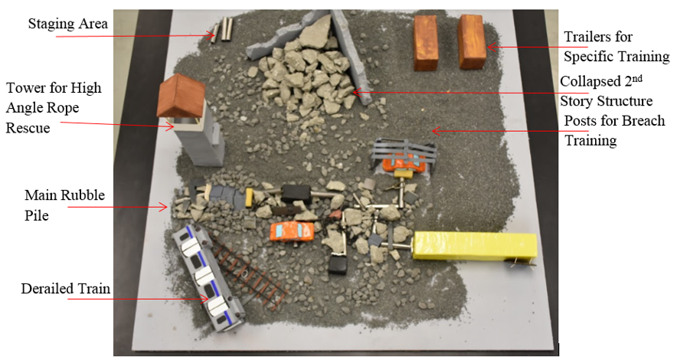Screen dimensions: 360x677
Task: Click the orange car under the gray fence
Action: tap(403, 162)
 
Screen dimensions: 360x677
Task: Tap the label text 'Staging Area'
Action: tap(67, 24)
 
